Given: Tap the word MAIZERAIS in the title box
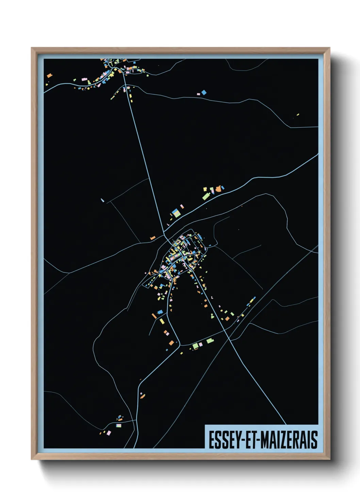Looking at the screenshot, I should pyautogui.click(x=290, y=440).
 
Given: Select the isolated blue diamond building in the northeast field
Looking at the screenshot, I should pyautogui.click(x=204, y=92).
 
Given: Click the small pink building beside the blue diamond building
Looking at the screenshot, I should pyautogui.click(x=198, y=94).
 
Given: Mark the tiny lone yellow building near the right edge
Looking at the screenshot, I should pyautogui.click(x=298, y=115).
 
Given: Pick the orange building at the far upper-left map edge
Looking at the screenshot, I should pyautogui.click(x=50, y=75).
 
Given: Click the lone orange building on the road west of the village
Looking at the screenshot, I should pyautogui.click(x=153, y=237).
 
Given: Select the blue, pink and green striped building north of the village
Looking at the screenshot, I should pyautogui.click(x=176, y=213).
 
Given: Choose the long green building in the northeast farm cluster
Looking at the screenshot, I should pyautogui.click(x=206, y=196).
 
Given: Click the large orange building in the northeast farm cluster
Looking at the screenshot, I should pyautogui.click(x=218, y=188).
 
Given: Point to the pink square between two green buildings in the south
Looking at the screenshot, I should pyautogui.click(x=201, y=345).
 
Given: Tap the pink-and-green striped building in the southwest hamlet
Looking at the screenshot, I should pyautogui.click(x=118, y=425).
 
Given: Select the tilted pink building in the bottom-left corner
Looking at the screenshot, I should pyautogui.click(x=109, y=433).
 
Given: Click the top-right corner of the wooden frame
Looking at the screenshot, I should pyautogui.click(x=329, y=48).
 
